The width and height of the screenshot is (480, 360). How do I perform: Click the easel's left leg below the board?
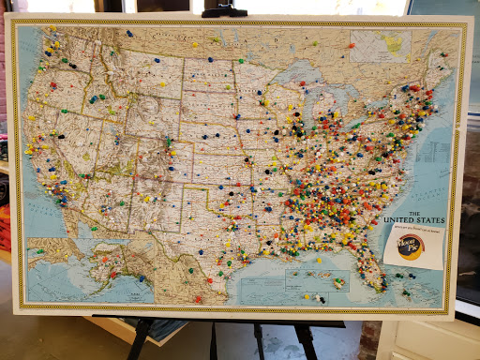pos(138,341)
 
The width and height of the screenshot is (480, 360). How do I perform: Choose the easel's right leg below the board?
pos(307,341)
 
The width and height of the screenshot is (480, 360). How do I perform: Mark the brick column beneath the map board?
pos(368,340)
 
